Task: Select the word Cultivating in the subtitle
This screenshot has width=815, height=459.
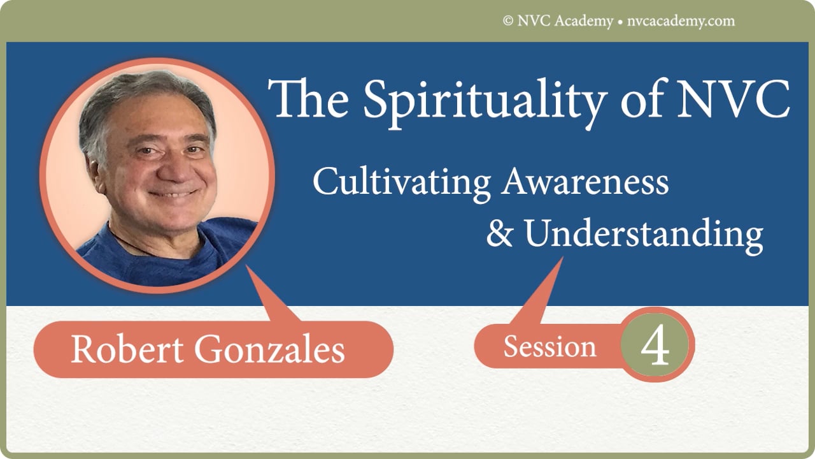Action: [x=401, y=182]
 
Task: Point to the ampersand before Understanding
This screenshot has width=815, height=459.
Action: [x=499, y=234]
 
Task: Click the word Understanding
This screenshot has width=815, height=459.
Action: [x=643, y=235]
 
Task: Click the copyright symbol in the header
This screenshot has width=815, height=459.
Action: [x=507, y=21]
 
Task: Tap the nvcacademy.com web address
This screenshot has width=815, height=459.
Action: [x=679, y=21]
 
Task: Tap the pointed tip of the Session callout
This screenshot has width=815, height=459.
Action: [x=562, y=260]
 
